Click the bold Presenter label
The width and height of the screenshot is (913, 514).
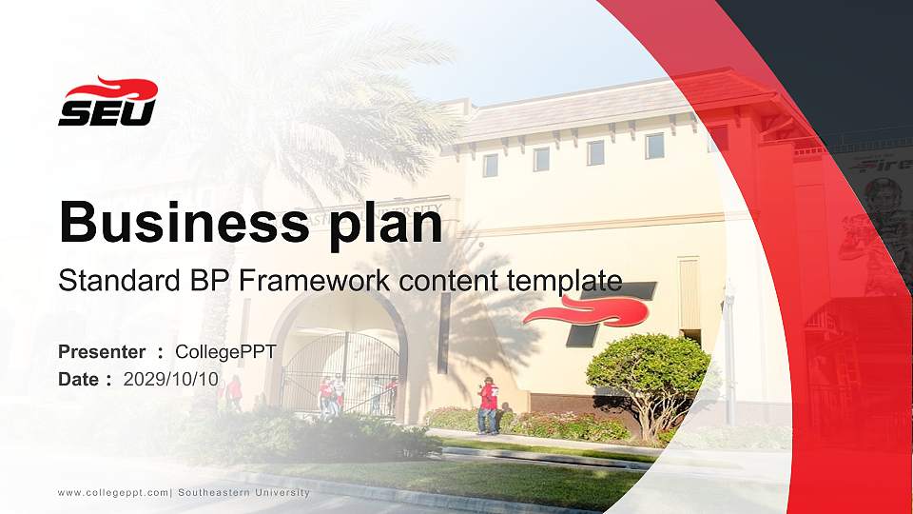(102, 352)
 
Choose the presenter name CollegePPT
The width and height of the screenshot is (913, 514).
(225, 352)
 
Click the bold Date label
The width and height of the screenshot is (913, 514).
(80, 379)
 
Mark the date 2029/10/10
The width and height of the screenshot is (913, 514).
(171, 379)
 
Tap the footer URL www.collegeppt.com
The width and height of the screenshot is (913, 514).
(112, 492)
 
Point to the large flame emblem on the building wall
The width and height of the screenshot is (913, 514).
(588, 309)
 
